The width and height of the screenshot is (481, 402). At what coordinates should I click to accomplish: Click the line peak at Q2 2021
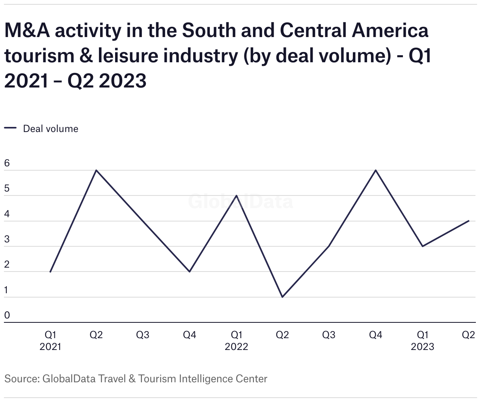point(96,170)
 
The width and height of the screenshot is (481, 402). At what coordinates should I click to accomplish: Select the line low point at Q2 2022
point(282,297)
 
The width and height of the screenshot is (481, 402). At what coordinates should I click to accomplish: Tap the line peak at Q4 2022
point(376,170)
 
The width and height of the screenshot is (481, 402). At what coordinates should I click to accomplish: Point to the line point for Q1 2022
point(236,195)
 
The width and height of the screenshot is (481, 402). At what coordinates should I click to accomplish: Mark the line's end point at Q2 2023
point(469,221)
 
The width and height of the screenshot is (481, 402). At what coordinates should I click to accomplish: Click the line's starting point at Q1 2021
point(50,272)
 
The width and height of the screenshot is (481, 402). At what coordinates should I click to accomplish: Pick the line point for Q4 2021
point(190,272)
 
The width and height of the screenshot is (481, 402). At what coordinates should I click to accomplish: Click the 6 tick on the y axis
point(7,164)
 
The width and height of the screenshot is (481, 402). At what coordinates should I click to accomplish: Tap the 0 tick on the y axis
point(7,315)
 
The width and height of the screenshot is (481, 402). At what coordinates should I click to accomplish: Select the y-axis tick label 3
point(7,240)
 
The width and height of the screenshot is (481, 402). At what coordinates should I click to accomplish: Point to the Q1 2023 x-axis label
point(422,341)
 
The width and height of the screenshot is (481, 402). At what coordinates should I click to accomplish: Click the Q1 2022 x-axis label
point(236,341)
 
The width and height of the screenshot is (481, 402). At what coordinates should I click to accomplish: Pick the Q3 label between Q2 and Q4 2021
point(143,335)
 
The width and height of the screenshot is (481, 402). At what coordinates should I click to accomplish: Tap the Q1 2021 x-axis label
point(50,341)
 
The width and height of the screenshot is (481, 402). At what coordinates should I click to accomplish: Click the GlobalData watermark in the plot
point(240,201)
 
